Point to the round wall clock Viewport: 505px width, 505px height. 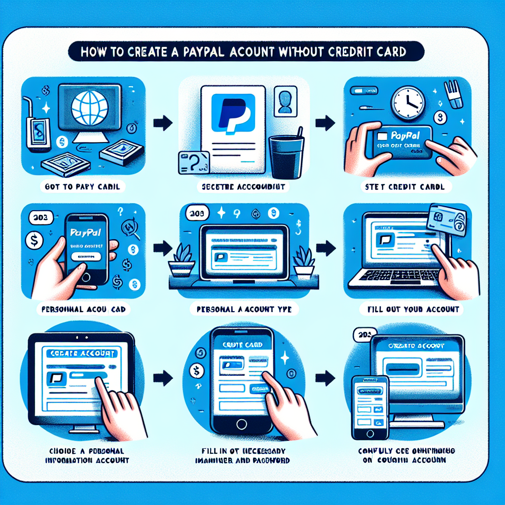pos(408,103)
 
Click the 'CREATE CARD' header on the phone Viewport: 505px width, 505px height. pos(242,344)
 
